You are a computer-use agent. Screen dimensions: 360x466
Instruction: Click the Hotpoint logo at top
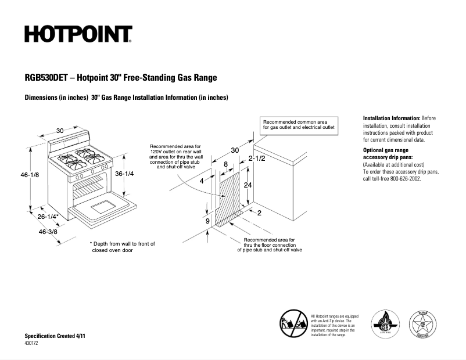coord(78,34)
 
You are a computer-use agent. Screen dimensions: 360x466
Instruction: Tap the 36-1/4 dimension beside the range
coord(126,174)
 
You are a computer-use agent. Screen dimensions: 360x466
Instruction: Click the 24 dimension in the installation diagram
coord(248,186)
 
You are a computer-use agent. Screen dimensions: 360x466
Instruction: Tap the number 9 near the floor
coord(207,221)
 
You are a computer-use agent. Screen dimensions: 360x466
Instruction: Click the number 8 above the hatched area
coord(225,164)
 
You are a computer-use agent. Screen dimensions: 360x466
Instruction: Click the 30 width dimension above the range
coord(60,130)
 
